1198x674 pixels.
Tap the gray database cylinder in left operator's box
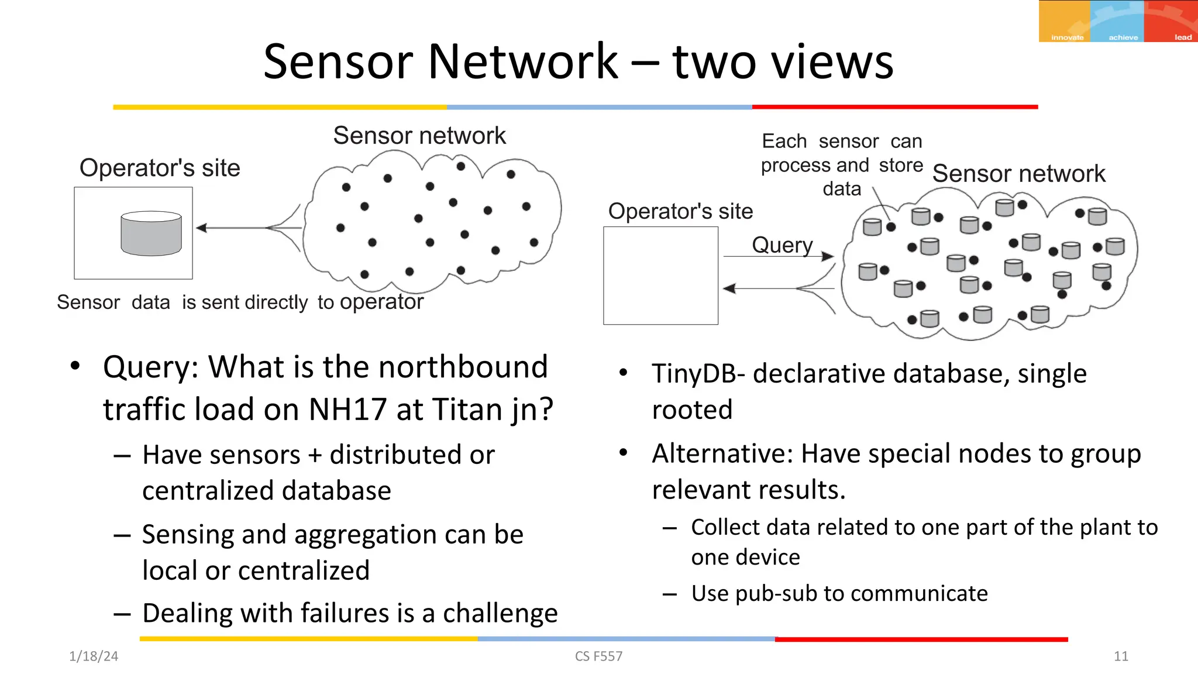151,233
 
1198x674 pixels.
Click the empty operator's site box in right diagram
660,276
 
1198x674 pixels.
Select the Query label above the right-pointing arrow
782,245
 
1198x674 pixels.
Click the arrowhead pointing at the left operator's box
202,228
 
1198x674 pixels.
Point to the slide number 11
1120,656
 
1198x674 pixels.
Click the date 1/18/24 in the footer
94,656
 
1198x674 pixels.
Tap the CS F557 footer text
598,656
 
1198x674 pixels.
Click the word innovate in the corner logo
1067,37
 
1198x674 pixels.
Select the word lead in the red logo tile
1183,37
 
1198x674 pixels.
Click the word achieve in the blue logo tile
1123,37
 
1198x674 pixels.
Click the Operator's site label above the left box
160,168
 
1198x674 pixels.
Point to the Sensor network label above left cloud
419,136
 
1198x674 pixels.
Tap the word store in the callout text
900,165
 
